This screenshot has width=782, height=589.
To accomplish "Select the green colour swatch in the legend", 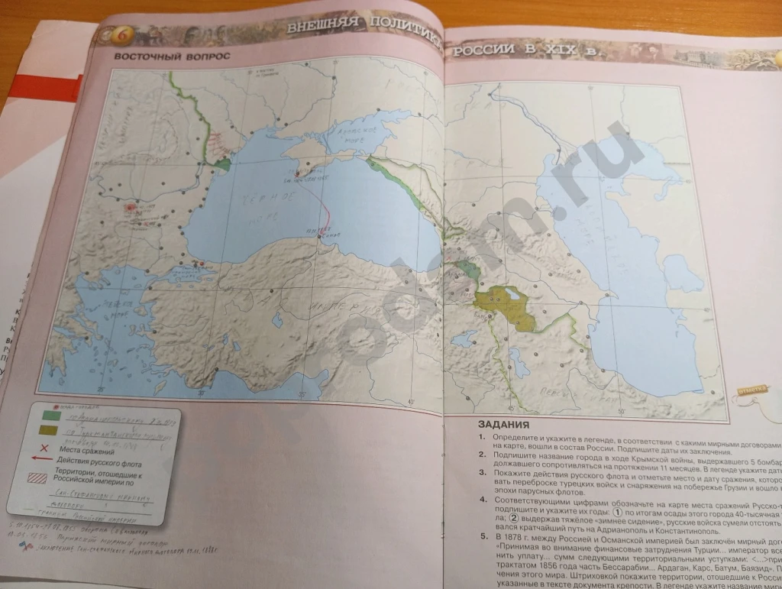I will (x=50, y=416).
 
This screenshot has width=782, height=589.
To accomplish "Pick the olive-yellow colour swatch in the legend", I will (x=48, y=431).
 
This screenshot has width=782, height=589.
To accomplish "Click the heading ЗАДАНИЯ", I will (x=503, y=426).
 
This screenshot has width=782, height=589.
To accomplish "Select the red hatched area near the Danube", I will (x=220, y=143).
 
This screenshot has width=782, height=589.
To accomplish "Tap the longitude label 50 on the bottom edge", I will (x=621, y=413).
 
